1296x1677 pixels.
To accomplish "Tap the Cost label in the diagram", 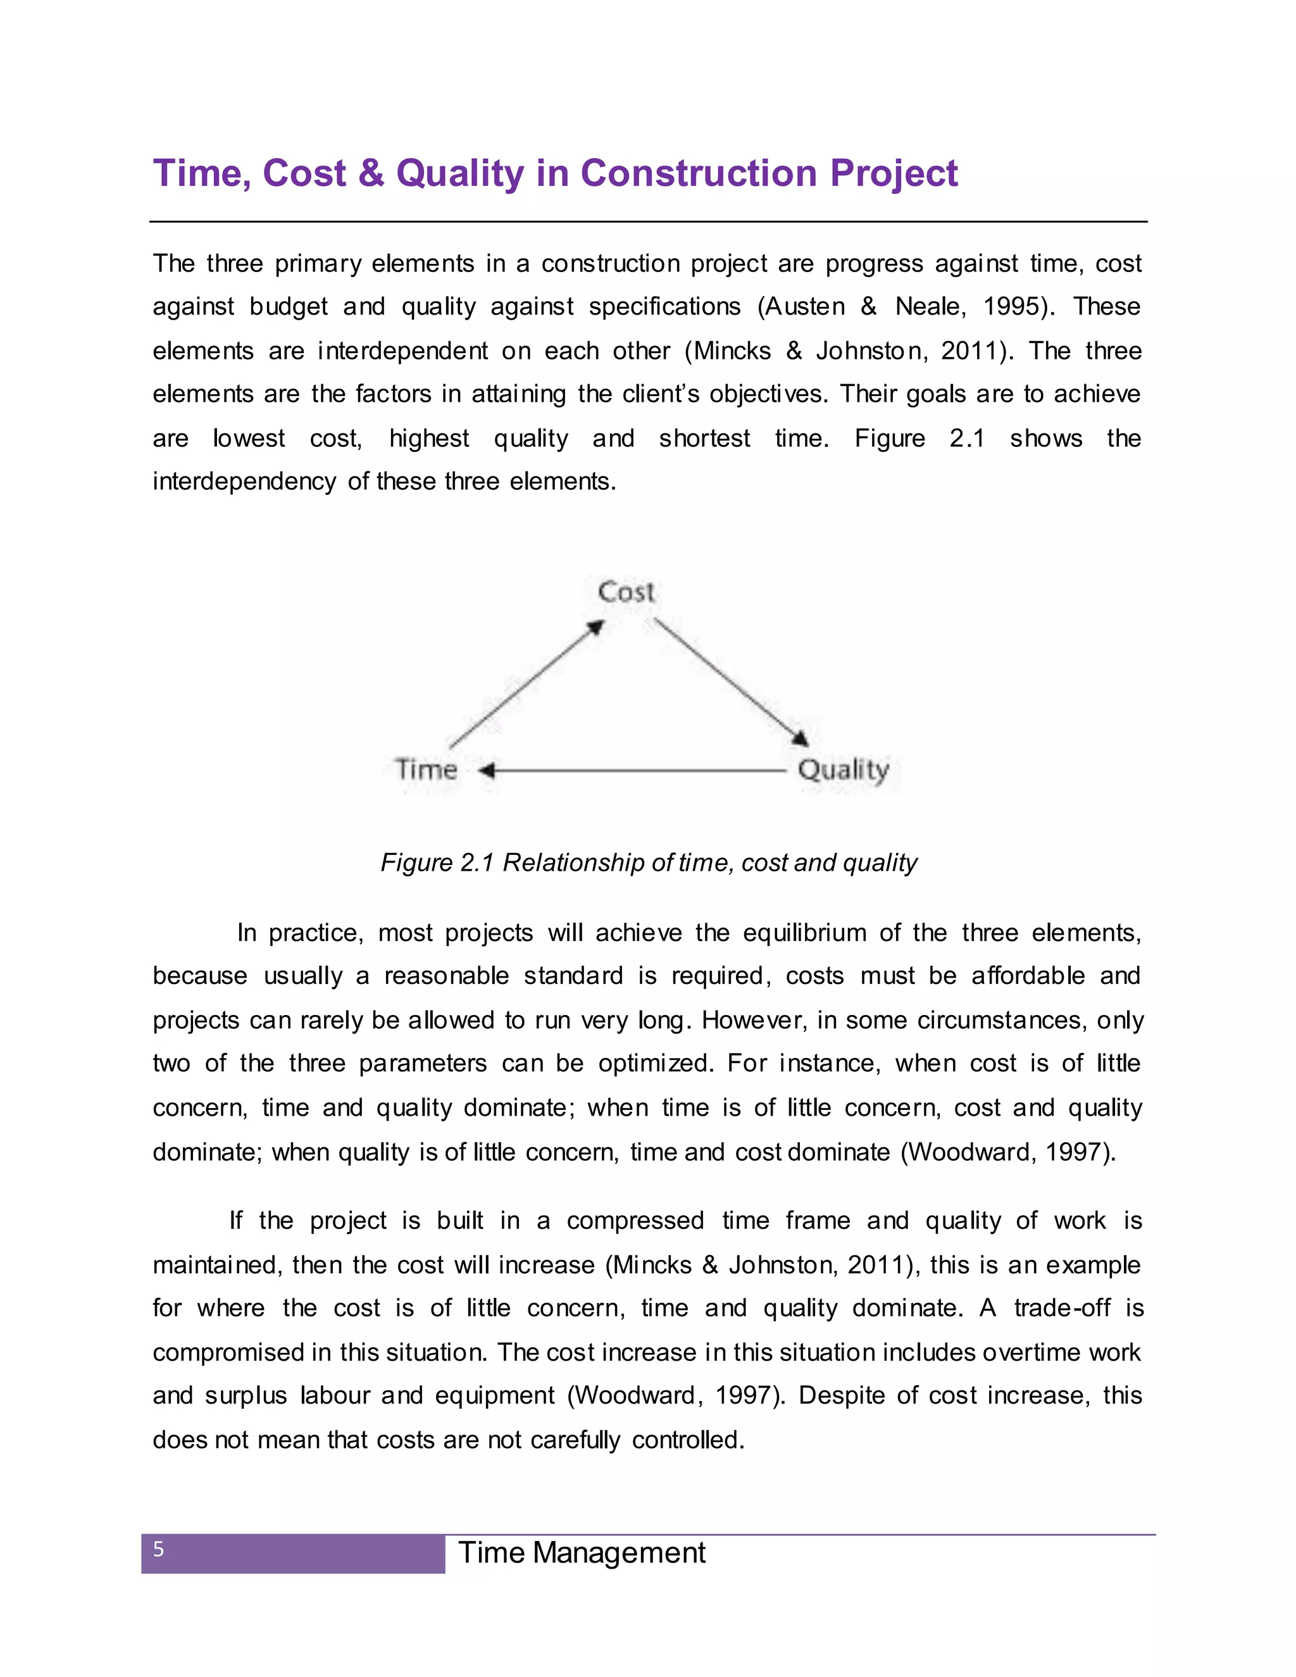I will [x=626, y=592].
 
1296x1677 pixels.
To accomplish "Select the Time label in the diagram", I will [x=426, y=770].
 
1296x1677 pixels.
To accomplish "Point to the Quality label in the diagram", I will [x=843, y=770].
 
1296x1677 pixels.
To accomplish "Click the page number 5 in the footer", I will [x=159, y=1550].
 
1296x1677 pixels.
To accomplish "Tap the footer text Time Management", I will [x=581, y=1552].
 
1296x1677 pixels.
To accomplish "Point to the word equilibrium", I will [x=803, y=933].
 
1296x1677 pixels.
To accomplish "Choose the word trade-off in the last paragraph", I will [x=1061, y=1307].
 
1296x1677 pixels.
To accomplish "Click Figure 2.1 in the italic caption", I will [x=436, y=863].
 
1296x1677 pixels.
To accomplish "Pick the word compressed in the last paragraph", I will [x=635, y=1221].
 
